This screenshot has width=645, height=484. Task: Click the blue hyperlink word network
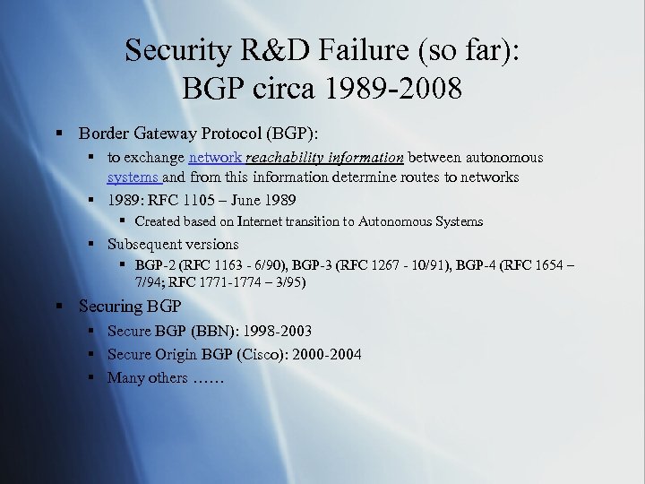point(215,158)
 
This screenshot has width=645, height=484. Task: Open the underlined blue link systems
point(133,177)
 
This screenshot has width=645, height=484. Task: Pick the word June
point(245,199)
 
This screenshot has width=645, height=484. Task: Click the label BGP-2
point(155,265)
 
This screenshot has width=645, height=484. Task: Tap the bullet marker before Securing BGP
point(58,307)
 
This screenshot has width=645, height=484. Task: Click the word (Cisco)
point(262,354)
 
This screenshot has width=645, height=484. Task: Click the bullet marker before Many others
point(91,377)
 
